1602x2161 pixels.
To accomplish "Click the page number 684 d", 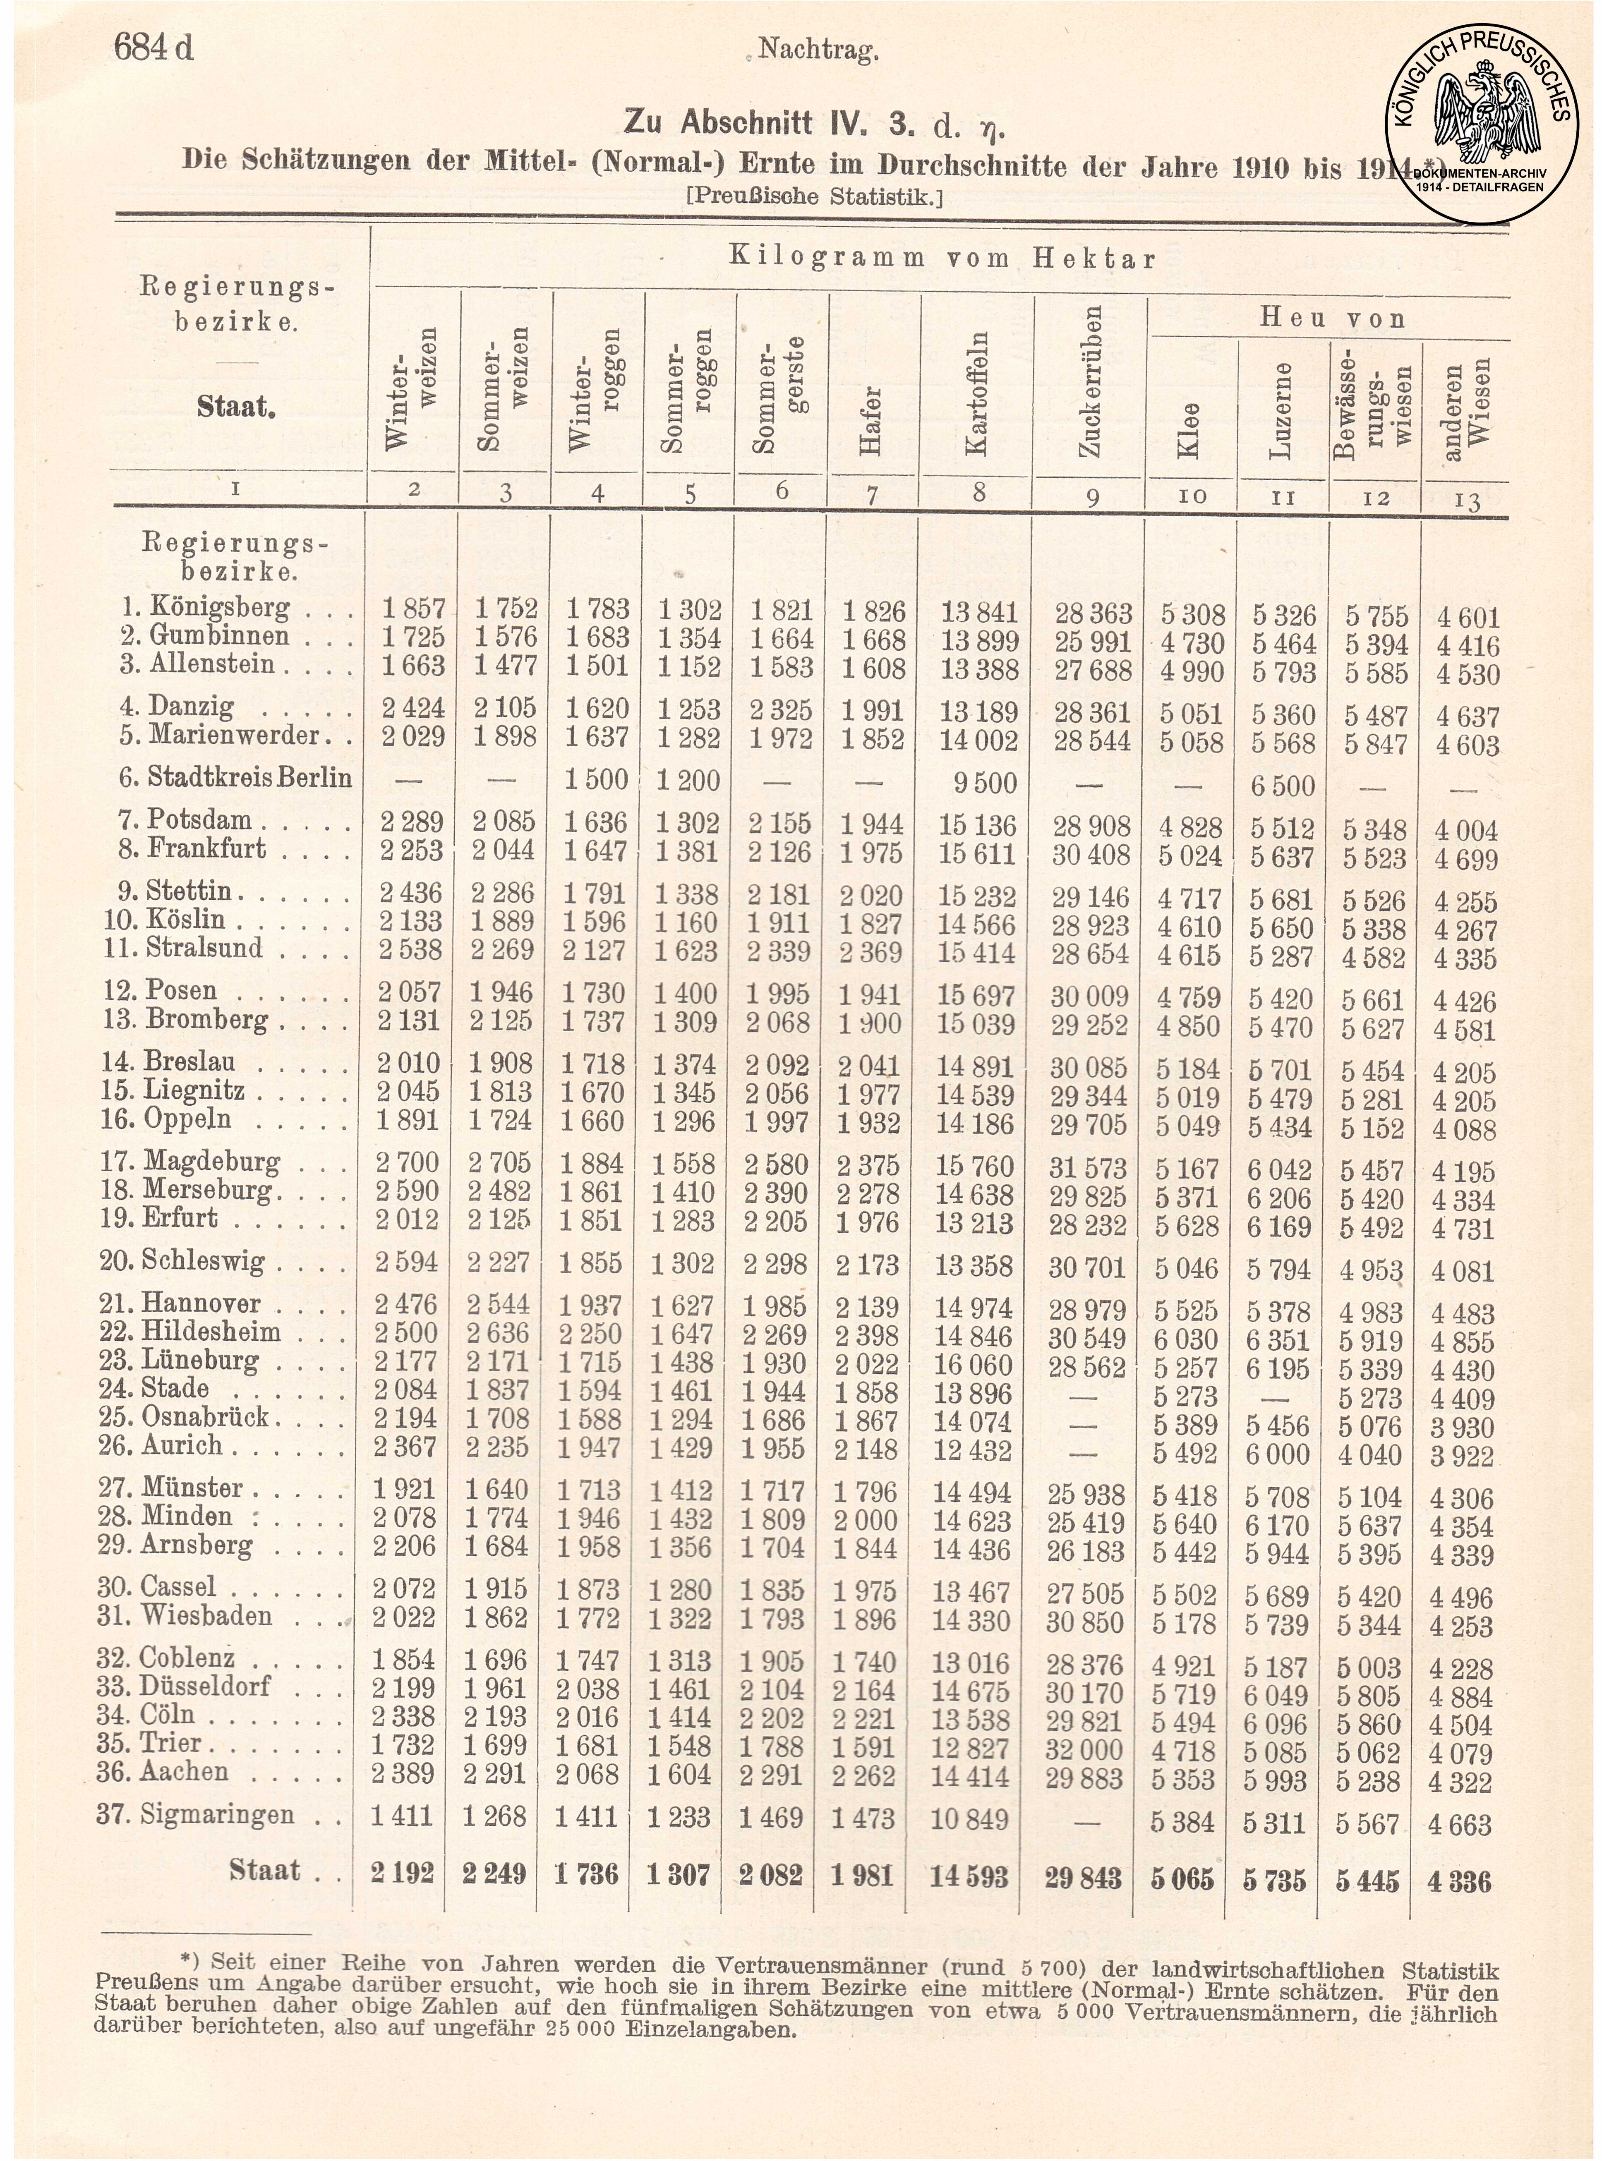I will (153, 46).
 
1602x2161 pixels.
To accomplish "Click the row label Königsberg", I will (219, 608).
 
